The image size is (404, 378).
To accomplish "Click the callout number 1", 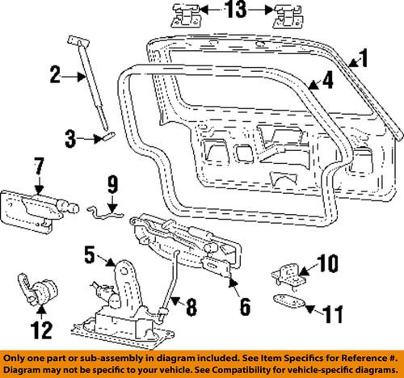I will click(x=363, y=58).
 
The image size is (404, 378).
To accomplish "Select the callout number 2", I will click(x=56, y=77).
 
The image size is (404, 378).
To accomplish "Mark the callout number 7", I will click(x=37, y=169).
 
